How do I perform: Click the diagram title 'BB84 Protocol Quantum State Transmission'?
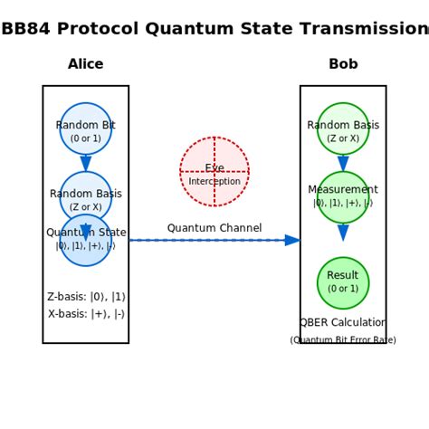[214, 29]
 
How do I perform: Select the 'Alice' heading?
[86, 64]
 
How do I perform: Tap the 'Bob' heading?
[343, 64]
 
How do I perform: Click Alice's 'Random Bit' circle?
[86, 129]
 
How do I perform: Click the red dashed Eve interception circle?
[214, 171]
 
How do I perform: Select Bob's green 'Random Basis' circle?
[343, 129]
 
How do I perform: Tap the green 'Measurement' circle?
[343, 196]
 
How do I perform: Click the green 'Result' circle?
[343, 282]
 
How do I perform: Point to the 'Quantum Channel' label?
[214, 228]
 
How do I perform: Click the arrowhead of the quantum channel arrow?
[292, 240]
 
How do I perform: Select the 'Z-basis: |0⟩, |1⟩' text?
[86, 297]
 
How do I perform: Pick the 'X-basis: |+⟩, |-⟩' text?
[86, 314]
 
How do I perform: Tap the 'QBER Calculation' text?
[343, 323]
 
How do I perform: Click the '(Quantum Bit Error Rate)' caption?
[343, 340]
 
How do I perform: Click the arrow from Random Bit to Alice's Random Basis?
[86, 163]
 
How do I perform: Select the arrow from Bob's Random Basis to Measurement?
[343, 163]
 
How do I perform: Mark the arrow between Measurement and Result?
[343, 233]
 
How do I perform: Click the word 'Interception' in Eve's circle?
[214, 182]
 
